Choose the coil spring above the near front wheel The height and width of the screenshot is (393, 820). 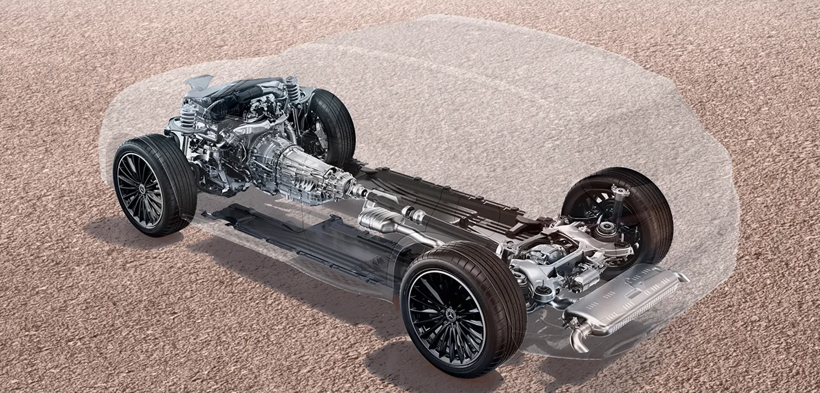click(x=187, y=116)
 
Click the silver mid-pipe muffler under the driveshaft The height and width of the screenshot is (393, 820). click(x=378, y=220)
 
